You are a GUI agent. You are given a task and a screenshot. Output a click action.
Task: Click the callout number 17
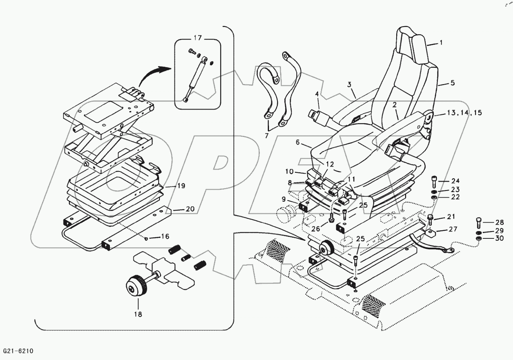coord(197,38)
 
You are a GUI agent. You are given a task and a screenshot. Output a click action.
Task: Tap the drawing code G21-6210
coord(19,351)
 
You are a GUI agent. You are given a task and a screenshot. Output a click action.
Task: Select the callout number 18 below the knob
coord(138,314)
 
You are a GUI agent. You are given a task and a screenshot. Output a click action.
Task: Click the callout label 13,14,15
coord(463,113)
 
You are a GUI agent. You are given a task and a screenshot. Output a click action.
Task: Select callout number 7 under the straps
coord(266,136)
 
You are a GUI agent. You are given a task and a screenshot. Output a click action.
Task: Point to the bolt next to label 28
coord(478,222)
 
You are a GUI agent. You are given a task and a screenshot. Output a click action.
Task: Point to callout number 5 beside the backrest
coord(452,83)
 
